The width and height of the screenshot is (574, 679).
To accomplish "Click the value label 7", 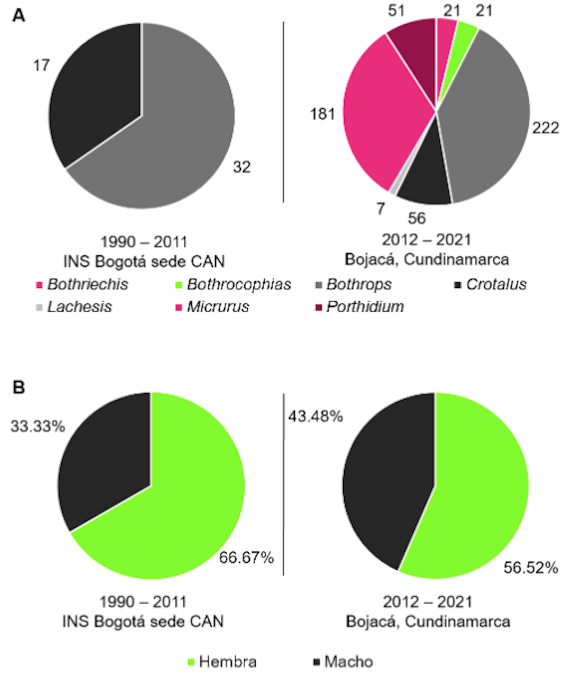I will [x=381, y=209].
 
